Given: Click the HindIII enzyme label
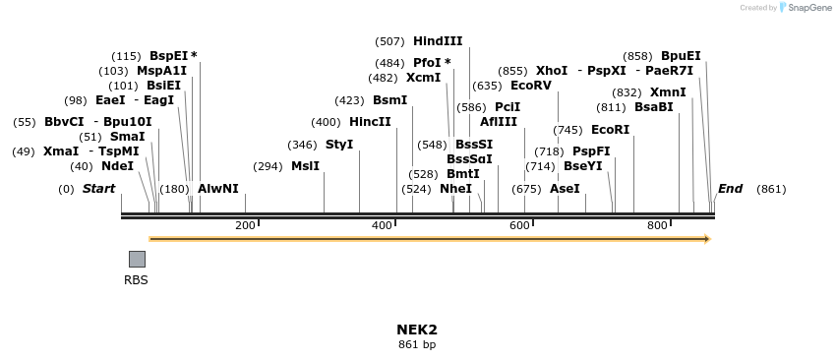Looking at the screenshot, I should pyautogui.click(x=438, y=41).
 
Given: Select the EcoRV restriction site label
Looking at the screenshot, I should pyautogui.click(x=533, y=86).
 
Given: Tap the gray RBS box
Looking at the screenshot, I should pyautogui.click(x=137, y=259).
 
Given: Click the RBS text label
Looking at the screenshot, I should pyautogui.click(x=136, y=280).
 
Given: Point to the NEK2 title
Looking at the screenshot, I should pyautogui.click(x=417, y=330).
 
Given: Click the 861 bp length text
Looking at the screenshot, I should pyautogui.click(x=417, y=345).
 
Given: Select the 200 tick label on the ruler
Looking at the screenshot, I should pyautogui.click(x=246, y=226).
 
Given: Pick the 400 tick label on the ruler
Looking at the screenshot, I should pyautogui.click(x=383, y=226).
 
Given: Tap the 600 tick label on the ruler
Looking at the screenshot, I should pyautogui.click(x=520, y=226).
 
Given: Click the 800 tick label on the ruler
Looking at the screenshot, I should pyautogui.click(x=657, y=226).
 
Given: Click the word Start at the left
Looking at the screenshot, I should pyautogui.click(x=98, y=188).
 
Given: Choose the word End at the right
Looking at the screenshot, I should pyautogui.click(x=731, y=188).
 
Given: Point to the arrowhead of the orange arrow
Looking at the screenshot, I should pyautogui.click(x=706, y=239).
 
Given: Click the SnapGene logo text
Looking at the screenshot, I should pyautogui.click(x=809, y=8).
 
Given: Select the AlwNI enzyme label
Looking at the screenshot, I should pyautogui.click(x=218, y=188).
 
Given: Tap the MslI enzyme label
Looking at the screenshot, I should pyautogui.click(x=305, y=166).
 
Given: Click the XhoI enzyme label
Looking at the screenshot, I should pyautogui.click(x=552, y=71).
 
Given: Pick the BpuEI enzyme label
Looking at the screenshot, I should pyautogui.click(x=681, y=56).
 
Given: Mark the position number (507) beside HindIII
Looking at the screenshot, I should pyautogui.click(x=389, y=41).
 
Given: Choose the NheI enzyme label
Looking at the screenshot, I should pyautogui.click(x=455, y=188).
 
